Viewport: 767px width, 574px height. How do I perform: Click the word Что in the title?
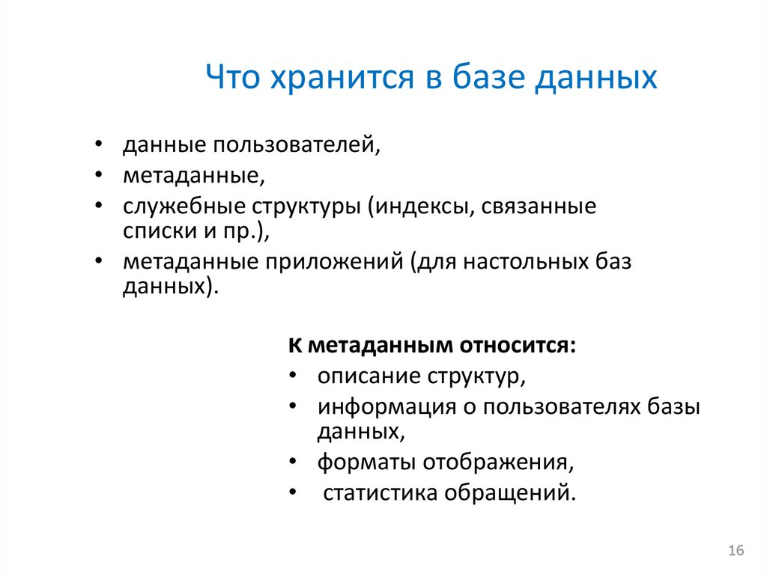231,77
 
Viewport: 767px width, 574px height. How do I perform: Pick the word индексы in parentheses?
420,207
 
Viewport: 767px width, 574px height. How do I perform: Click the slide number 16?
736,551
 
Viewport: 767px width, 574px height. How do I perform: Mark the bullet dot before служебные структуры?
100,207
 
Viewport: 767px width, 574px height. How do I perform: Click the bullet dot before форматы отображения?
294,462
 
